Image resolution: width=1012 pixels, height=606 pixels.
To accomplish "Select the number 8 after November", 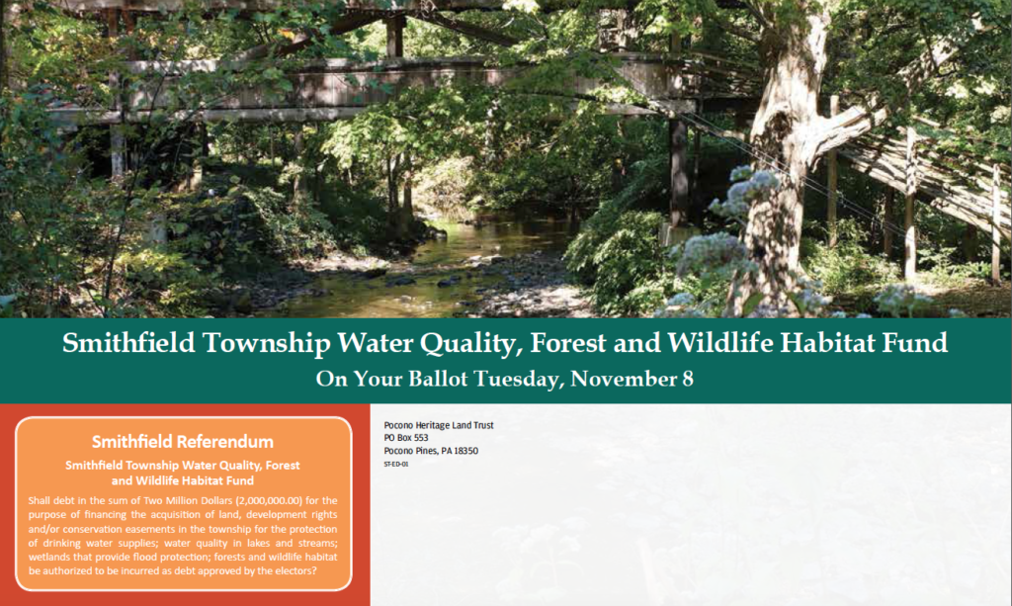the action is [688, 379].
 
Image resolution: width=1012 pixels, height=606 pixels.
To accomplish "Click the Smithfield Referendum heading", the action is [183, 442].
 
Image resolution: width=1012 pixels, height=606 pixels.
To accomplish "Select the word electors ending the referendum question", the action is [293, 571].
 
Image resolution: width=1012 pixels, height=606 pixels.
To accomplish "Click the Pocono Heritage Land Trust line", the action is [439, 425].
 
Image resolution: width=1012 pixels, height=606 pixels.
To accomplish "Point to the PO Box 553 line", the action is [406, 438].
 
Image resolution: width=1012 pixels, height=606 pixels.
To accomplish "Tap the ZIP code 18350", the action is [465, 451].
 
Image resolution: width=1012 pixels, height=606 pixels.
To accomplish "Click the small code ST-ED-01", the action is [396, 464].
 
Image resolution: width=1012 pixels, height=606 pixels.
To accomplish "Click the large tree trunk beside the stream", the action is [777, 161].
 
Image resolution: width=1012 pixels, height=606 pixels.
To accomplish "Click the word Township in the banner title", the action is [267, 344].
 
